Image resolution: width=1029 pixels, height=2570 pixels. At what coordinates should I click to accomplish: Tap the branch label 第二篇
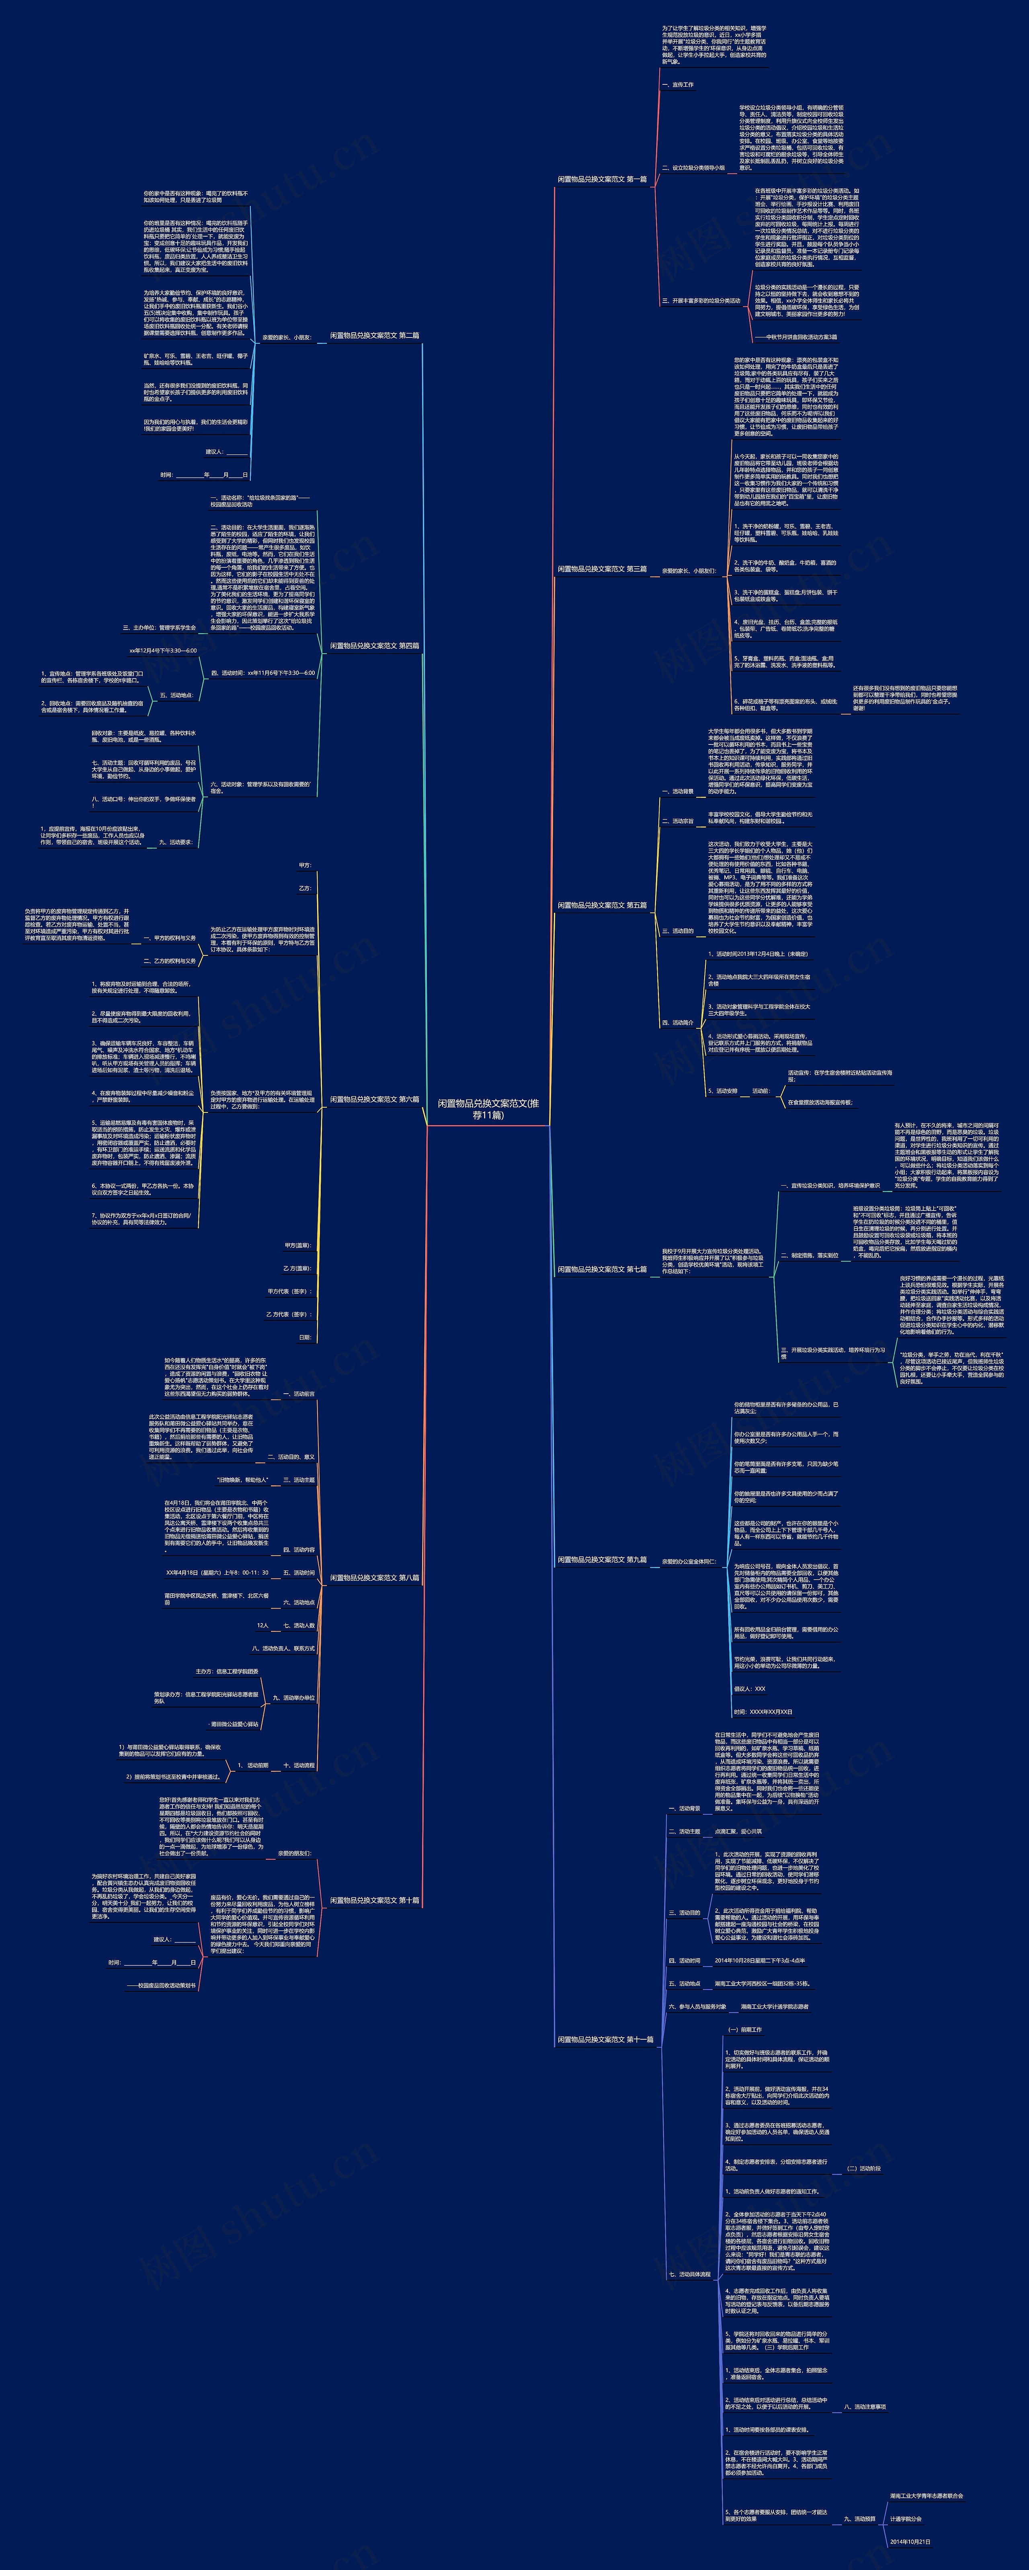(x=374, y=336)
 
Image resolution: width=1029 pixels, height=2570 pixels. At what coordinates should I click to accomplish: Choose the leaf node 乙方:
(x=304, y=888)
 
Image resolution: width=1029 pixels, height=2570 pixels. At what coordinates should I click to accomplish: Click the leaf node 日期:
(x=304, y=1337)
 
